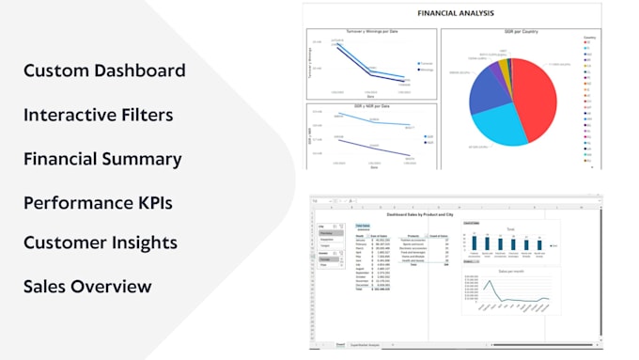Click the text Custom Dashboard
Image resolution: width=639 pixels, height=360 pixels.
coord(104,70)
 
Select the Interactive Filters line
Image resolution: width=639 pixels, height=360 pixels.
coord(99,115)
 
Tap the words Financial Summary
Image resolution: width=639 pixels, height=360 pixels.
coord(102,159)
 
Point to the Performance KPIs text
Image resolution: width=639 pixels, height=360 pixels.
coord(98,202)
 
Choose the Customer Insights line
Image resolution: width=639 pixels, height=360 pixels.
coord(100,243)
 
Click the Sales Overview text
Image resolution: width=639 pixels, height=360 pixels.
coord(87,286)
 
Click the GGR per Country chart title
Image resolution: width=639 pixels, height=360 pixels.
coord(513,33)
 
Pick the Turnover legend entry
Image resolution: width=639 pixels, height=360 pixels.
coord(426,64)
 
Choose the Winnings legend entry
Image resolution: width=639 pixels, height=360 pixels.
coord(426,70)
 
